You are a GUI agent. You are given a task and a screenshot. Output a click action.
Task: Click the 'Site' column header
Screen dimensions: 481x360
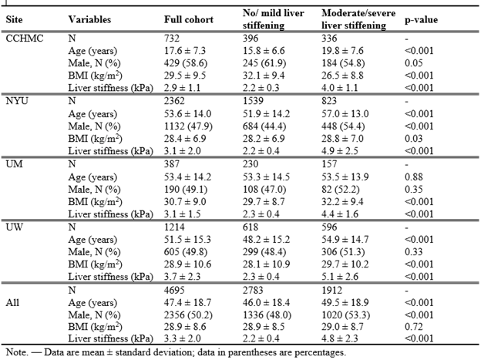click(14, 19)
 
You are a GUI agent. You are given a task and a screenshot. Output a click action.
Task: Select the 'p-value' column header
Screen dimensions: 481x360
click(421, 20)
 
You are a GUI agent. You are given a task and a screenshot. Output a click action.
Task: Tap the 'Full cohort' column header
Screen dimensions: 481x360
click(189, 19)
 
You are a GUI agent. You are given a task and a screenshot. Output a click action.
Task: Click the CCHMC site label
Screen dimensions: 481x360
click(25, 38)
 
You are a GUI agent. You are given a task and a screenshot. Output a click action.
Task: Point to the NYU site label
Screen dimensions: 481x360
click(17, 101)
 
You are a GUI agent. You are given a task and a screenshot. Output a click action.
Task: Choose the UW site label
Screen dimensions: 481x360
click(14, 227)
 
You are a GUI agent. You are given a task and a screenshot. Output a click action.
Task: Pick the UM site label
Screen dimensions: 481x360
click(14, 164)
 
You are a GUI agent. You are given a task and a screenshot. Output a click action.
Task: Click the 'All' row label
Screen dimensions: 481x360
click(12, 302)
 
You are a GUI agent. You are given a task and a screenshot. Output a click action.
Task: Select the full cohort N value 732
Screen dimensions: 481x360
click(172, 38)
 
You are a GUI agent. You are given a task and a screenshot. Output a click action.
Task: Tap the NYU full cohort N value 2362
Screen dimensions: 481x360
click(174, 101)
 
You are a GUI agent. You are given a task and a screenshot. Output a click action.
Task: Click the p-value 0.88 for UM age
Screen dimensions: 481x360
click(413, 177)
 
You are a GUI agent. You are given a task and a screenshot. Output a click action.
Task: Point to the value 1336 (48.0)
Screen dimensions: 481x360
click(267, 315)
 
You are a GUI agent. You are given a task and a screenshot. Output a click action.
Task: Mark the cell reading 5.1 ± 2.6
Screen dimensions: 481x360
click(340, 277)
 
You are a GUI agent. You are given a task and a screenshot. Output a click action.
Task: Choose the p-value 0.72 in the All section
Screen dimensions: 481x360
click(413, 327)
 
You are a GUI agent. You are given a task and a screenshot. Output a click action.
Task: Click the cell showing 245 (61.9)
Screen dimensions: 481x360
click(264, 63)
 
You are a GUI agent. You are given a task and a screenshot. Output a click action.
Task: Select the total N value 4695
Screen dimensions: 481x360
click(174, 290)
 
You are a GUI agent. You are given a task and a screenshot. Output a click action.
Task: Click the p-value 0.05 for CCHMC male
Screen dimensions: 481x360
click(413, 63)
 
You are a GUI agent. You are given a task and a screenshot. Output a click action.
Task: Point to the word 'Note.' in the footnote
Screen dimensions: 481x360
click(17, 352)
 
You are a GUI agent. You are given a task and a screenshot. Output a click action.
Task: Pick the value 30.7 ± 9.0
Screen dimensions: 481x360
click(185, 202)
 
